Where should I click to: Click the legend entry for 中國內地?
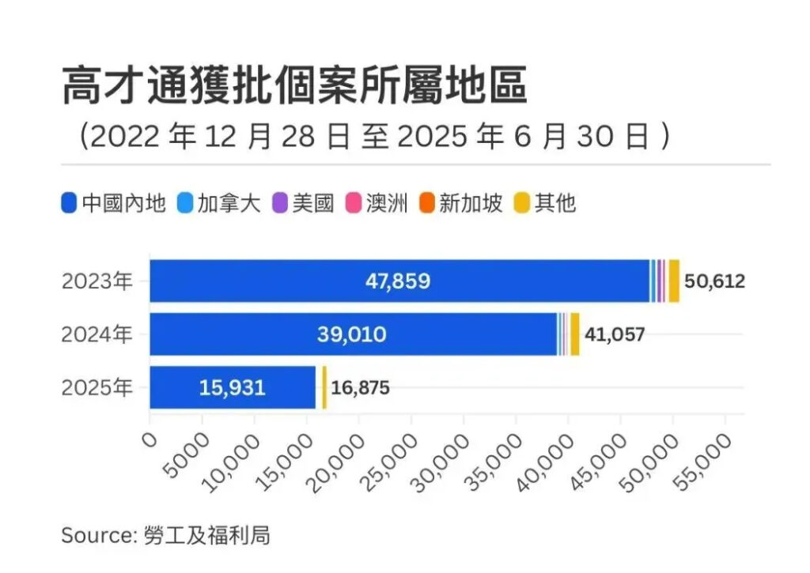(114, 203)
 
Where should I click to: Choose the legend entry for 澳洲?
(377, 203)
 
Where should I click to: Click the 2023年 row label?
(98, 281)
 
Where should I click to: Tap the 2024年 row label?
(98, 334)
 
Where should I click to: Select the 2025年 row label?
(98, 388)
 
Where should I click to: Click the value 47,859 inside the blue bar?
(398, 281)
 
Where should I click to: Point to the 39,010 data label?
(351, 334)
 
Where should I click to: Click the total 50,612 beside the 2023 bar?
(714, 281)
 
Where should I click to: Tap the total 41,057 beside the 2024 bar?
(615, 334)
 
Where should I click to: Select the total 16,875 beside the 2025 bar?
(361, 388)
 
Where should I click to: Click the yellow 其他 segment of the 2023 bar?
(674, 281)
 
